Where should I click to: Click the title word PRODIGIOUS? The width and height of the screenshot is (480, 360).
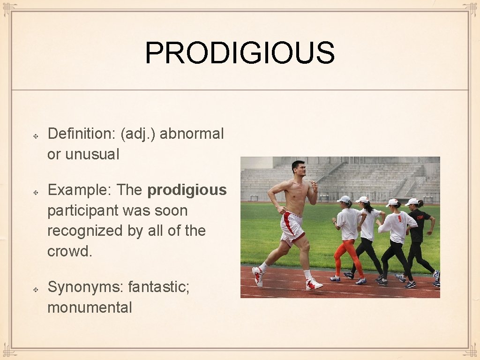tap(240, 52)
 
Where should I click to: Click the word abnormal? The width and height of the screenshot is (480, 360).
tap(192, 134)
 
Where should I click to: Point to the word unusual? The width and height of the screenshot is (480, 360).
tap(92, 154)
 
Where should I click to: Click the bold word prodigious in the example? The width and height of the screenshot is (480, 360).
tap(187, 190)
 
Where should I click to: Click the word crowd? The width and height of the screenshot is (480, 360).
tap(69, 251)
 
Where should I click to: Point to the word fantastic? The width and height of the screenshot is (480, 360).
tap(159, 287)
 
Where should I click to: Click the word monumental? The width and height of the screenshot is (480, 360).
tap(90, 307)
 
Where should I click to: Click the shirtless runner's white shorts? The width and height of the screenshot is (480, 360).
tap(292, 228)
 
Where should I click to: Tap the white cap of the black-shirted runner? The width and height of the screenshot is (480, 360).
tap(412, 202)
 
